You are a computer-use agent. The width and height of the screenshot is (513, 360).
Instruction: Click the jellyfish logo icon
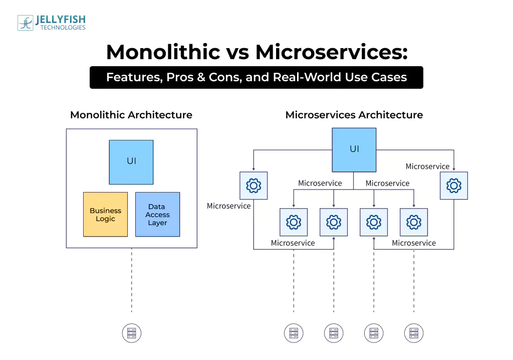(26, 23)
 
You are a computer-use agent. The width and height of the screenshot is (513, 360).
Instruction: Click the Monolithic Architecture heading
(131, 115)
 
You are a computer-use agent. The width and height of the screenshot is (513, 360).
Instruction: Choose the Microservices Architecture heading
(354, 115)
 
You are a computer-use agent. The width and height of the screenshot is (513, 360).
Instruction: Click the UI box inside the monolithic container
(131, 162)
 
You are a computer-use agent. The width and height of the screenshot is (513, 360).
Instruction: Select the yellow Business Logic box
(105, 215)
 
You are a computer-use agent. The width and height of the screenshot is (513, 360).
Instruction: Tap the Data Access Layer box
(157, 215)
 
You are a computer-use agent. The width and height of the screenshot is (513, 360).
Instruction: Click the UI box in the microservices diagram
(354, 150)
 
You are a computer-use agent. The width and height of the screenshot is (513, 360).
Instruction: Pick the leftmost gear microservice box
(253, 186)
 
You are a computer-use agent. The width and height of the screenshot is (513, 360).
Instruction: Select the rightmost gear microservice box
(453, 186)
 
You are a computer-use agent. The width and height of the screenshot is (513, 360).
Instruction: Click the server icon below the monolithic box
(132, 333)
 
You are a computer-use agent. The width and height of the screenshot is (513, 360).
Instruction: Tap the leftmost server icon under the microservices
(294, 333)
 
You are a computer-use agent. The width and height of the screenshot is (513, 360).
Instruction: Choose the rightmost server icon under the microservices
(414, 333)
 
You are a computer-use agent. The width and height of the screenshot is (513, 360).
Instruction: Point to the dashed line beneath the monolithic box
(132, 281)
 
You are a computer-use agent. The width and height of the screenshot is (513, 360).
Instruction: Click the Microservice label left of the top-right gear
(427, 166)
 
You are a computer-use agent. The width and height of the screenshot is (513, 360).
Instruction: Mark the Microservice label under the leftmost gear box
(228, 206)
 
